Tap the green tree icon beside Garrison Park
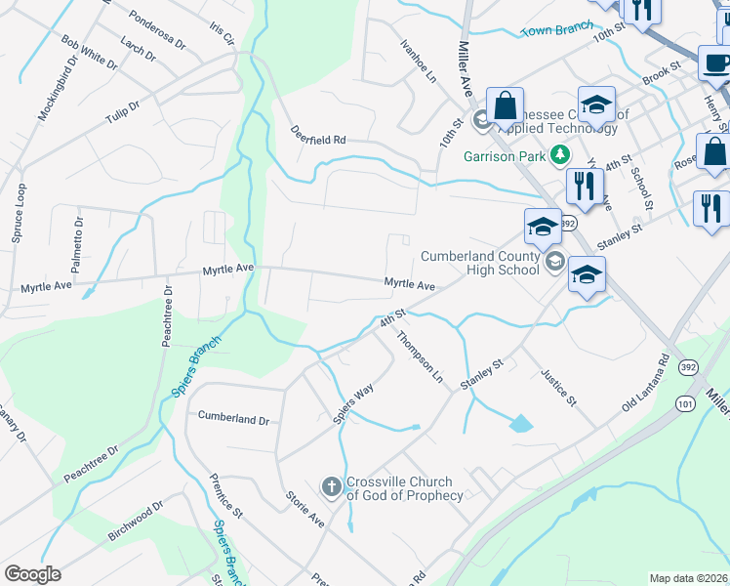pyautogui.click(x=559, y=154)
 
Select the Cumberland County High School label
pyautogui.click(x=479, y=264)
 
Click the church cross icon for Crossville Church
pyautogui.click(x=331, y=485)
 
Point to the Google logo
pyautogui.click(x=32, y=574)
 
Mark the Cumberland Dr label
pyautogui.click(x=233, y=417)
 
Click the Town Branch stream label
pyautogui.click(x=557, y=30)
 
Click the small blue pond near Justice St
pyautogui.click(x=521, y=424)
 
